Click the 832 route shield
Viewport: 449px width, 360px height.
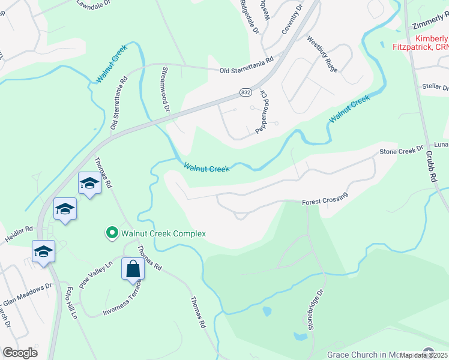245,92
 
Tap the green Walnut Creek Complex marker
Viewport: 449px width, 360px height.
111,233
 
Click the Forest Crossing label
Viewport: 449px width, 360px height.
325,200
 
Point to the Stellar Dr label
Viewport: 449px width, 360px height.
435,87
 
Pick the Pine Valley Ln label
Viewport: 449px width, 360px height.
97,273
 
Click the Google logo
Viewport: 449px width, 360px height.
20,353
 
